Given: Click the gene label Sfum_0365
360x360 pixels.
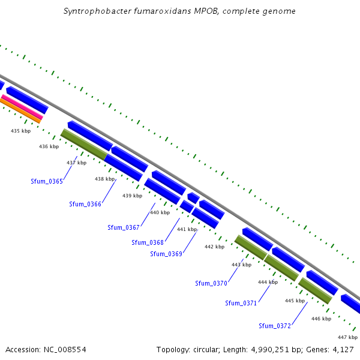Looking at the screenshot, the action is [47, 181].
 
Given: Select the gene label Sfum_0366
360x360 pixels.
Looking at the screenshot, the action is [85, 204].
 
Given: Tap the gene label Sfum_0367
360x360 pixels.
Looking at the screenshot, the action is [124, 227].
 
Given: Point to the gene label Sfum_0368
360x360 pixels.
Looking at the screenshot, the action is [148, 242].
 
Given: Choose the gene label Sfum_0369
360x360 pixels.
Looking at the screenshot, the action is [166, 254].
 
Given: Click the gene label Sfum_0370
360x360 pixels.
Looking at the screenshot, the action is [211, 283].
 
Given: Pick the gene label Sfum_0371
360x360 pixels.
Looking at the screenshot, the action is [241, 303].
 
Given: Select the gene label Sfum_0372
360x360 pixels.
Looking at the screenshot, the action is [275, 326].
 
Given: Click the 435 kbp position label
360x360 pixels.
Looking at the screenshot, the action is [20, 131].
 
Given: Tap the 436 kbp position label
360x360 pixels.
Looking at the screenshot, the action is [49, 146].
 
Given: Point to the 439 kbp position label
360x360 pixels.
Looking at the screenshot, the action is [132, 196].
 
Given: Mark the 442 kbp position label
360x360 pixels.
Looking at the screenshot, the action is [214, 247].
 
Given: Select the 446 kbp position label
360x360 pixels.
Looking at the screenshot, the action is [321, 319].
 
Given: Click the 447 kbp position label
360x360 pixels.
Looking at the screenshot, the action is [347, 337].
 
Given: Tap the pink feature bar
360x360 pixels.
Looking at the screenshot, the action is [22, 107].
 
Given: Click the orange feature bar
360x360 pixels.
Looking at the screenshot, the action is [20, 111].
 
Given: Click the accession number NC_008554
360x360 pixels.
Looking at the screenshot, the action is [65, 350].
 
